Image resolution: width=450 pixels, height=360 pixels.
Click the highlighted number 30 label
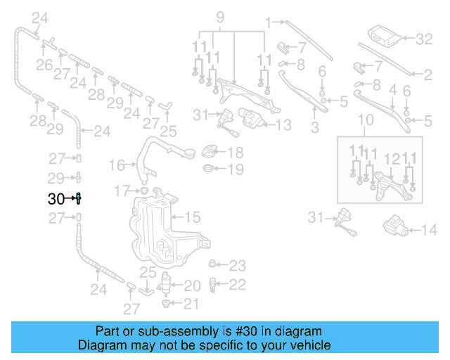[56, 199]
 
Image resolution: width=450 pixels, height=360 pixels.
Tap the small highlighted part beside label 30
[79, 198]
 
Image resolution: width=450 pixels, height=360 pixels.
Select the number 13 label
[283, 125]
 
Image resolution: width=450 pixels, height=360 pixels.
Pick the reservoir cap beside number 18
[209, 153]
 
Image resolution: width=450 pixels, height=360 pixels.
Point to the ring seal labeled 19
[208, 169]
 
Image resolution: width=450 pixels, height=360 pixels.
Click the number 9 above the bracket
[219, 17]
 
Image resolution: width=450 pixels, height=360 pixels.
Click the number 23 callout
[238, 266]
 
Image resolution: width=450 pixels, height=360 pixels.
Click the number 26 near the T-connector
[44, 65]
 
